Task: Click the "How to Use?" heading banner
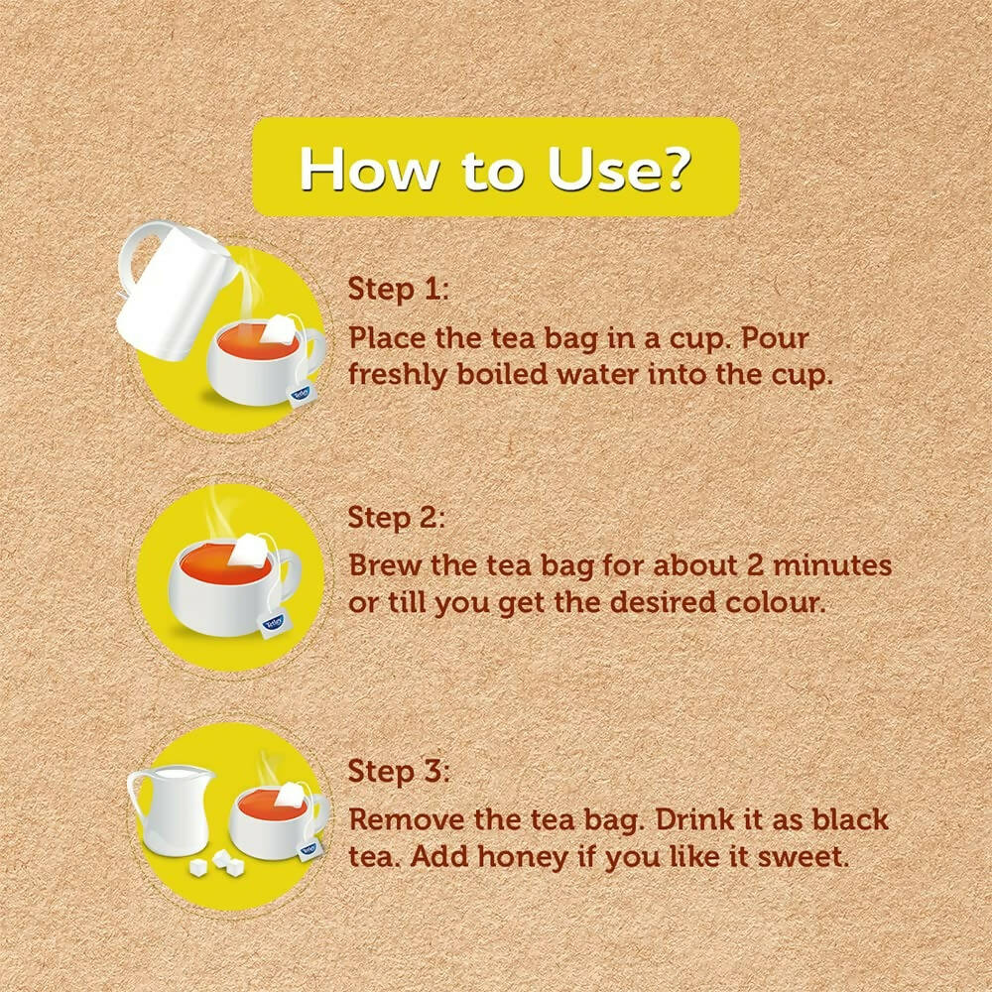point(495,167)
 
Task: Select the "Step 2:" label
point(397,518)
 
